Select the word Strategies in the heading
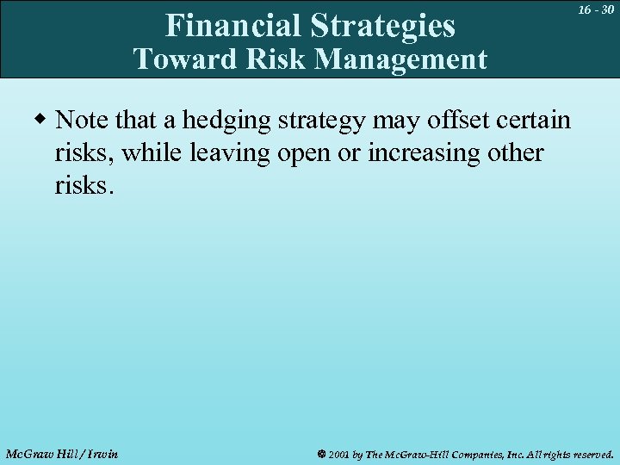[383, 26]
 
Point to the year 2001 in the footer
[339, 454]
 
